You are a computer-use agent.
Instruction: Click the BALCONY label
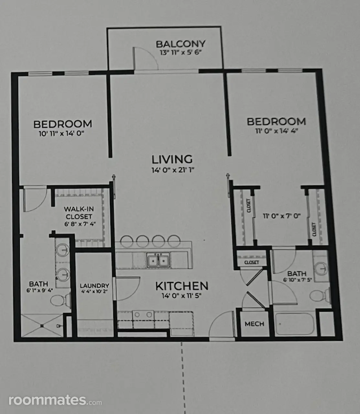[180, 44]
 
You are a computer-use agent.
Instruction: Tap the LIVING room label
[172, 159]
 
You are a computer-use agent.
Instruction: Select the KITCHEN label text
[182, 286]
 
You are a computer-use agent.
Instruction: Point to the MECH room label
[254, 324]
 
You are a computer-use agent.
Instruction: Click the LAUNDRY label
[94, 286]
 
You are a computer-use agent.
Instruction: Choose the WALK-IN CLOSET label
[79, 213]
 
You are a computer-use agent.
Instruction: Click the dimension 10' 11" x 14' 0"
[61, 133]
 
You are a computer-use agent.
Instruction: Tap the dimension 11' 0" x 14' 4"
[277, 131]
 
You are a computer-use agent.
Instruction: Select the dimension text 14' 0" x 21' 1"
[173, 170]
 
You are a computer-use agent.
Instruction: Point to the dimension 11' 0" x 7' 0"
[282, 216]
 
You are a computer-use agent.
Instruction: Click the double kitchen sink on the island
[158, 260]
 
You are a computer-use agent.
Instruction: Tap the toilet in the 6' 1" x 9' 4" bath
[60, 300]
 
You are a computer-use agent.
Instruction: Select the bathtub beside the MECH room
[295, 324]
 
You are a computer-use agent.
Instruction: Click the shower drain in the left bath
[42, 326]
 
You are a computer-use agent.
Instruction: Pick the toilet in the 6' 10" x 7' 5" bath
[320, 296]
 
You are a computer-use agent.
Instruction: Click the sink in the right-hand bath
[322, 268]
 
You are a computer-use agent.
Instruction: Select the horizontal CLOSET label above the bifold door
[252, 262]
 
